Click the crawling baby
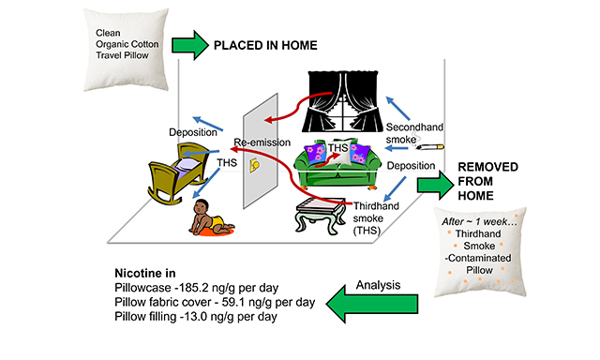210,217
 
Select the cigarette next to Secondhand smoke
431,147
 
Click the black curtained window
343,101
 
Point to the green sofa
337,165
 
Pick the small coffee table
321,215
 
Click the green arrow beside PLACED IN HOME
189,45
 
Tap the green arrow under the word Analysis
372,305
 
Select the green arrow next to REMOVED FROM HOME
435,186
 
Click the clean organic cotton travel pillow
126,50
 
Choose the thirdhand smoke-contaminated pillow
480,252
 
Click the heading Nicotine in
145,273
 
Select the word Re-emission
262,142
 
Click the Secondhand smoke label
414,133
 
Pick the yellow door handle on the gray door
254,165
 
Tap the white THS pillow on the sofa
338,152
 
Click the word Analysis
378,285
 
